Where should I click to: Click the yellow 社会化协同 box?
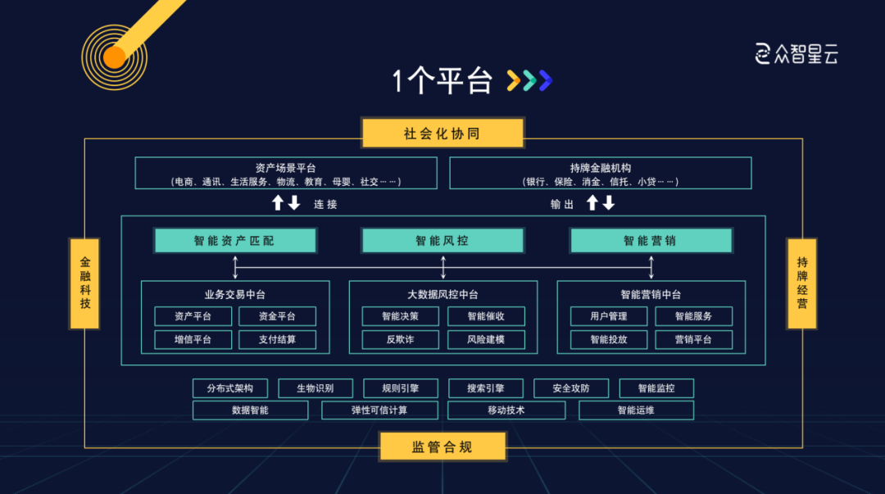click(x=442, y=134)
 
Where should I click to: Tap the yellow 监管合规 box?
click(x=442, y=446)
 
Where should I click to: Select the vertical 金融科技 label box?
click(x=85, y=283)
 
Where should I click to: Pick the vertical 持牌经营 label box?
click(x=801, y=283)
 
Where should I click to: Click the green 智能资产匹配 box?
click(x=235, y=241)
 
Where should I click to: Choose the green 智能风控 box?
click(x=442, y=241)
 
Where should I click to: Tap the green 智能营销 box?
click(x=651, y=241)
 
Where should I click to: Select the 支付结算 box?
click(x=277, y=339)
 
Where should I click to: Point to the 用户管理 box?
click(x=609, y=316)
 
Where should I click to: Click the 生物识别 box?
click(x=315, y=388)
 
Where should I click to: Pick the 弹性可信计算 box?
click(x=379, y=410)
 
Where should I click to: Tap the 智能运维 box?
click(x=636, y=410)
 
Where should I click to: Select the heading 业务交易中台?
click(x=235, y=294)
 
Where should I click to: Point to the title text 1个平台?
click(x=442, y=81)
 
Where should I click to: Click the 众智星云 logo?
click(x=796, y=54)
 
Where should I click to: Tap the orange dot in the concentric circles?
click(x=114, y=57)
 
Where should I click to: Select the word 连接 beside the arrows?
click(x=325, y=204)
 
